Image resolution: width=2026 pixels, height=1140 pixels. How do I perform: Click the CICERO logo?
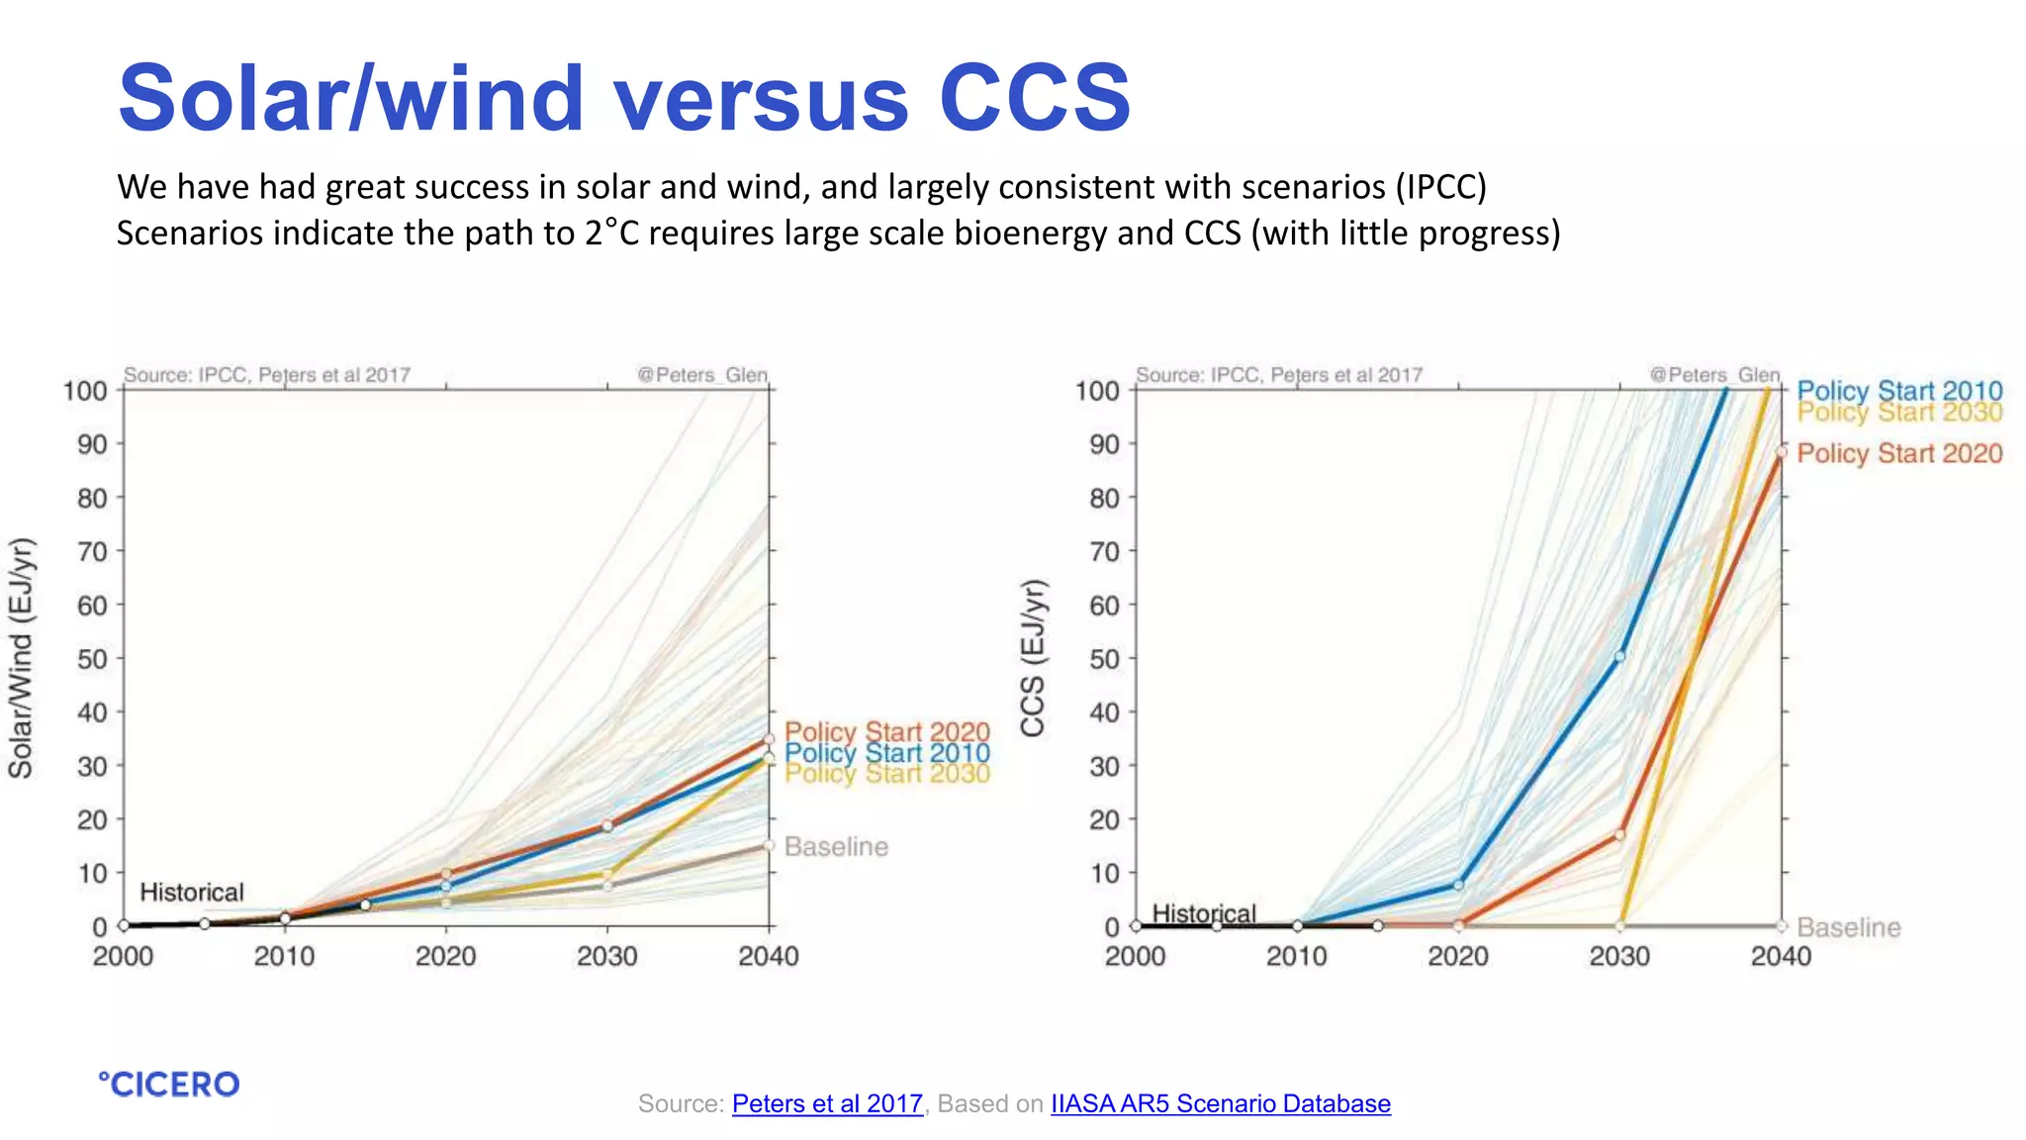click(169, 1084)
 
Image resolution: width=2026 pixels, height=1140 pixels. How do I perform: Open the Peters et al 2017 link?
click(827, 1103)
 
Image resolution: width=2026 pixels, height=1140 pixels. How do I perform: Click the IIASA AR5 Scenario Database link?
click(1220, 1103)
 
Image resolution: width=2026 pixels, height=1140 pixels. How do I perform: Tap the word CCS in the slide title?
click(1034, 98)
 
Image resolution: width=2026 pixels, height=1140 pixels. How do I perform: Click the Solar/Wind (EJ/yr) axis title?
click(22, 657)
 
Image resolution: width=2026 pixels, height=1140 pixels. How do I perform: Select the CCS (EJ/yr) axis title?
click(1033, 657)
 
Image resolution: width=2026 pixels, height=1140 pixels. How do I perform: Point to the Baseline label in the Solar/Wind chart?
click(836, 847)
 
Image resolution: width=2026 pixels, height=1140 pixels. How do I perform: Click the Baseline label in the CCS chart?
click(1848, 928)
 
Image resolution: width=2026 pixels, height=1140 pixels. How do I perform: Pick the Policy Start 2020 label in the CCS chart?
click(1898, 453)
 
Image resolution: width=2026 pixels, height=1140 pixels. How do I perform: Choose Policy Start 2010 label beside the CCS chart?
click(1898, 390)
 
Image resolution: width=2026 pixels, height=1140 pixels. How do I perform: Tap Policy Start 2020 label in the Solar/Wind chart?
click(886, 731)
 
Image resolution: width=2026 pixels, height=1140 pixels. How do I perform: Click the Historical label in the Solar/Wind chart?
click(191, 893)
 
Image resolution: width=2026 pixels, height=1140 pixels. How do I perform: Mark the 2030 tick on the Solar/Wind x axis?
click(607, 956)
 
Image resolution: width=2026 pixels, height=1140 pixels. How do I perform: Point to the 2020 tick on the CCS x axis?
click(1457, 956)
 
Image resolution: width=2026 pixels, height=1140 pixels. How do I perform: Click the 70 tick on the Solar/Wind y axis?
click(92, 551)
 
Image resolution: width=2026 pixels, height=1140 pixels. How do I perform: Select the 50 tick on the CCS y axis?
click(1104, 659)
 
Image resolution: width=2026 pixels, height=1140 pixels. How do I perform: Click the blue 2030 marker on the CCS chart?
click(1619, 657)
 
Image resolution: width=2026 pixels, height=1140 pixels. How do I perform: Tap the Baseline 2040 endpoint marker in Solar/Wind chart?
click(769, 846)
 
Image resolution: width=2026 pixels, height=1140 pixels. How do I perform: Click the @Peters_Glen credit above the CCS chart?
click(1713, 375)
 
